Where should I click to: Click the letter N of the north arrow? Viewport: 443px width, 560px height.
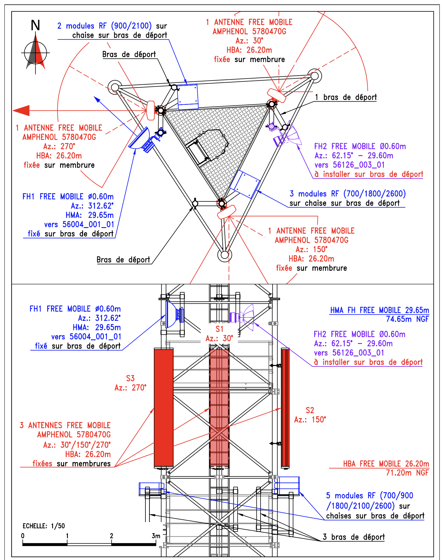[x=35, y=25]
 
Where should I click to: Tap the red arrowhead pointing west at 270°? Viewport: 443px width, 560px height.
[x=21, y=111]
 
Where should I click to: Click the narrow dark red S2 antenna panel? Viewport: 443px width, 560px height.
[x=285, y=408]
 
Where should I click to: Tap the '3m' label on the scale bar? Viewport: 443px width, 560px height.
[x=156, y=536]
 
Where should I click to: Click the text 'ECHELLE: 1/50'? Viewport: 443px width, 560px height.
[x=44, y=526]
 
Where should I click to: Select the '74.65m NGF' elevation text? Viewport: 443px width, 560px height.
[x=407, y=319]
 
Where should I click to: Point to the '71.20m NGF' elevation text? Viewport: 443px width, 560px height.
[x=407, y=473]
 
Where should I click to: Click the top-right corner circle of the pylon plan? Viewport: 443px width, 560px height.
[x=314, y=76]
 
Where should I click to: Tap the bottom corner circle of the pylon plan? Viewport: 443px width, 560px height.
[x=225, y=255]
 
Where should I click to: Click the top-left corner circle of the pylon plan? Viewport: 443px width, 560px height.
[x=115, y=87]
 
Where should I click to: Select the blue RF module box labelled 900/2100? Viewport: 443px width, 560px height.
[x=188, y=97]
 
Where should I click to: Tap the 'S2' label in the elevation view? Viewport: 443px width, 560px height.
[x=310, y=410]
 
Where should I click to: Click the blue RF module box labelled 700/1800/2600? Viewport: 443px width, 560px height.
[x=245, y=184]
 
